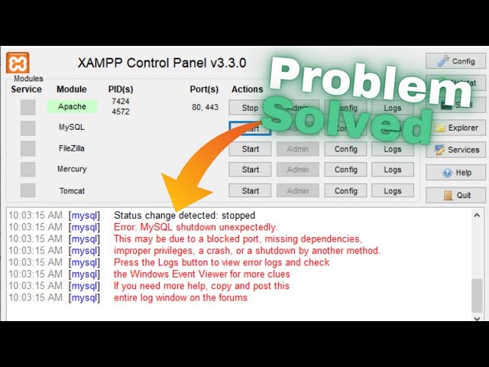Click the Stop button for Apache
click(x=250, y=109)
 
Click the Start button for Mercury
click(x=250, y=170)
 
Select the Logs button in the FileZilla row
click(x=393, y=149)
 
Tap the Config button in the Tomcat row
click(x=346, y=190)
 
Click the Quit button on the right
click(x=455, y=195)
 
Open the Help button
click(x=455, y=173)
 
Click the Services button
click(x=455, y=150)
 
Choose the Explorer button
click(x=455, y=128)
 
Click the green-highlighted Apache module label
click(x=72, y=107)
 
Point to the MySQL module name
click(x=72, y=128)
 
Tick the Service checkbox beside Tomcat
click(x=28, y=190)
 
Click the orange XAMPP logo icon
click(x=18, y=63)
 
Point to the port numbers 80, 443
click(x=204, y=108)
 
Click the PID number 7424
click(x=120, y=101)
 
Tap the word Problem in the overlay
click(x=359, y=80)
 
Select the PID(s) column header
click(x=121, y=89)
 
